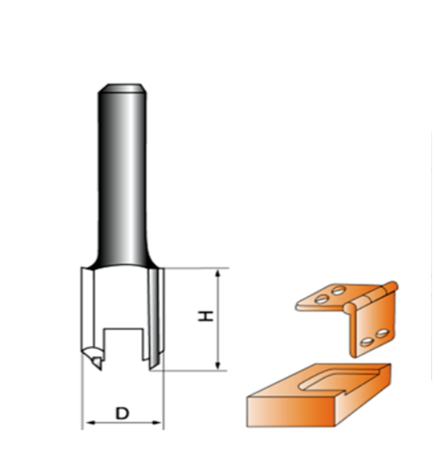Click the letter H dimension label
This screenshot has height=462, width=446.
[x=205, y=316]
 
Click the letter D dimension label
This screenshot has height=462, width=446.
[x=123, y=413]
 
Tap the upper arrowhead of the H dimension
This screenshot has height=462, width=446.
[x=218, y=273]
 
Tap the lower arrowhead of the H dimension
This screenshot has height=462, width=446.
[x=218, y=366]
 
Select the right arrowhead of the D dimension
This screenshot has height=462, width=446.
[x=156, y=423]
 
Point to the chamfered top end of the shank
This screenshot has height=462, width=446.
[x=122, y=88]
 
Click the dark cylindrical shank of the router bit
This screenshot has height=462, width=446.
[x=122, y=177]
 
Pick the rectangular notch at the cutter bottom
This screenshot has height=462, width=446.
[x=124, y=343]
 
